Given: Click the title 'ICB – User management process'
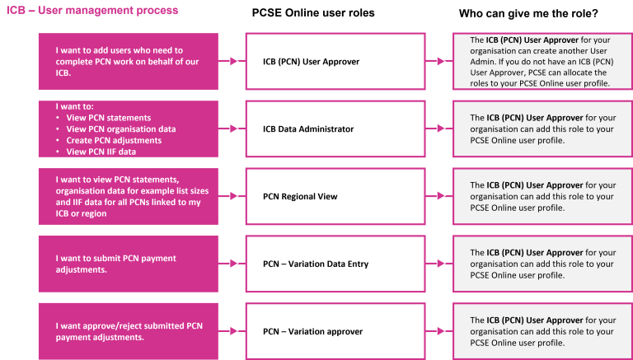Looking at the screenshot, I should pyautogui.click(x=91, y=11).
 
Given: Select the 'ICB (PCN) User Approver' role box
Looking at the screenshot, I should pyautogui.click(x=335, y=61).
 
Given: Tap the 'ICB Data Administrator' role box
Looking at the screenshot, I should pyautogui.click(x=335, y=129).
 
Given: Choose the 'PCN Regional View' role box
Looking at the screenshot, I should pyautogui.click(x=335, y=197).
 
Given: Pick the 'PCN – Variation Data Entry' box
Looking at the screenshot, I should pyautogui.click(x=335, y=264).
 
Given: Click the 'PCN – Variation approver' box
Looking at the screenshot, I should pyautogui.click(x=335, y=331).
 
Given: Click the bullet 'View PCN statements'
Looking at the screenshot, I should pyautogui.click(x=103, y=117).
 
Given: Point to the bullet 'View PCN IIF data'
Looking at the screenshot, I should pyautogui.click(x=101, y=152).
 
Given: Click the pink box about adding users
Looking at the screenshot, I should pyautogui.click(x=128, y=61).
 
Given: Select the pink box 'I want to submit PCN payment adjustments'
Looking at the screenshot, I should pyautogui.click(x=128, y=264).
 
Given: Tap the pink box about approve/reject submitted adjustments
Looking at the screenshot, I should pyautogui.click(x=128, y=331).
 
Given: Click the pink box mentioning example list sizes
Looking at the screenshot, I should pyautogui.click(x=128, y=197).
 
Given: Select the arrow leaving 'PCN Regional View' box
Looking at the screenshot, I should pyautogui.click(x=439, y=197).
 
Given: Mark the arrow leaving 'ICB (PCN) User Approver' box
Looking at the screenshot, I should pyautogui.click(x=439, y=61).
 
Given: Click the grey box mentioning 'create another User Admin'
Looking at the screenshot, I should pyautogui.click(x=542, y=61).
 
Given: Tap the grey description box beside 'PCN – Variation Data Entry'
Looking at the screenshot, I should pyautogui.click(x=542, y=264).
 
